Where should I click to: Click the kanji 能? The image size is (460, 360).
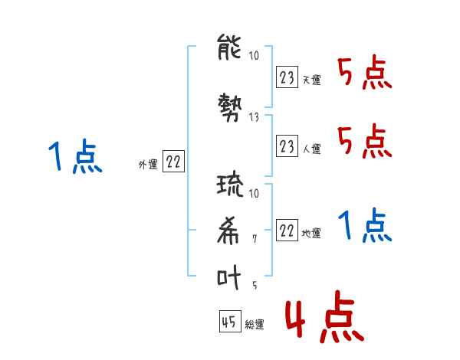(x=229, y=47)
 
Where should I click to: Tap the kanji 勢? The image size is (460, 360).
(x=230, y=107)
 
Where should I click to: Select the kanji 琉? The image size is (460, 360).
(x=230, y=185)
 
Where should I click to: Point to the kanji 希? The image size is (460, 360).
(x=228, y=231)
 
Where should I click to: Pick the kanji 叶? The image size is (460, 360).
(x=228, y=277)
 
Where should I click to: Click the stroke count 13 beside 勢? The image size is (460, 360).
(x=254, y=117)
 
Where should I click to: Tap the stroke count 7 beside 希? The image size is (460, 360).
(x=255, y=239)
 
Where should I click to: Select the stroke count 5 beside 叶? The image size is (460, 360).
(x=255, y=285)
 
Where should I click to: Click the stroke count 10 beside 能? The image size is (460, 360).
(x=254, y=55)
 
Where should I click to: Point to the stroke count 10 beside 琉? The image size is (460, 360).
(x=254, y=193)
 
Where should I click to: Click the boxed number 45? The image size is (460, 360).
(x=230, y=321)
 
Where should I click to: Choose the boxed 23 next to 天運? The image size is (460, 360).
(x=287, y=77)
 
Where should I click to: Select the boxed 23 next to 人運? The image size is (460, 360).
(x=287, y=146)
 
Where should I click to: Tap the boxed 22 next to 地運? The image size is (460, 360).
(x=287, y=230)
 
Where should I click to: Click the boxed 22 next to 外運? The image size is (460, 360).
(x=173, y=161)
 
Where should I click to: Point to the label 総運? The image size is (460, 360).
(x=255, y=325)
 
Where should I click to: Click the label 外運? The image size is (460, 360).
(x=148, y=165)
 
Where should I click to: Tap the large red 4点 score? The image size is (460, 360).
(x=325, y=316)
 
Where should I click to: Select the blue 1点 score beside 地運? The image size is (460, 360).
(x=365, y=225)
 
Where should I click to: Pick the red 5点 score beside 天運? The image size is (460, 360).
(x=365, y=72)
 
